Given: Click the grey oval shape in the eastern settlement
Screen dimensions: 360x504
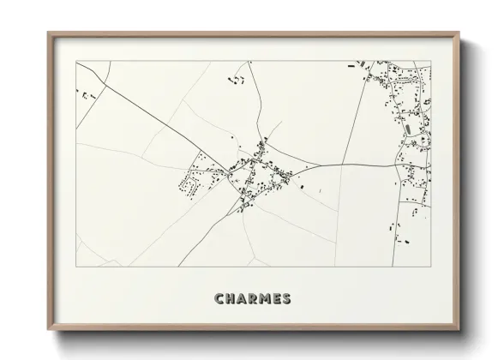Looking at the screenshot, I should coord(407,129).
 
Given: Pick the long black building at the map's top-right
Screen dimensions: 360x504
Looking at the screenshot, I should coord(351,64).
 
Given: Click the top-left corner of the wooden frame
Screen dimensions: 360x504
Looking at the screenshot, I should coord(49,33).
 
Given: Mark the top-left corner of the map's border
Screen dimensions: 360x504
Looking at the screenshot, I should coord(76,61).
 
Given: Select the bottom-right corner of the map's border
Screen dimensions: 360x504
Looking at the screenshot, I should coord(429,266).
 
